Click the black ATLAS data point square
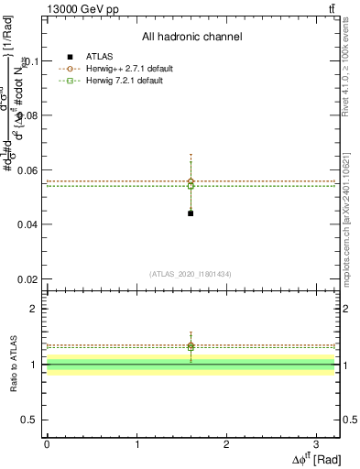191,213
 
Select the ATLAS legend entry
98,57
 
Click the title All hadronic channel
191,37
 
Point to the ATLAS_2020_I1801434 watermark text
191,274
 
